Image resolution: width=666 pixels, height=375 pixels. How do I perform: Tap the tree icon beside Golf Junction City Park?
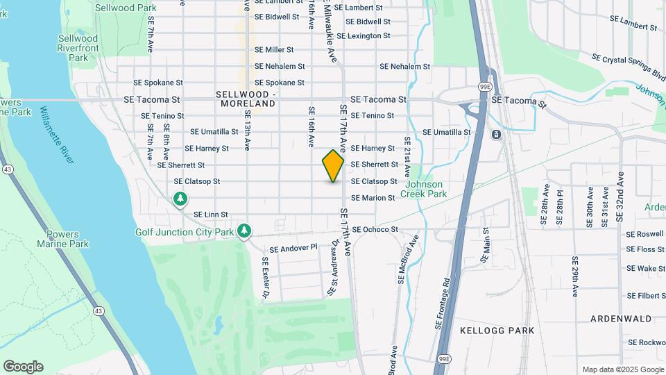pyautogui.click(x=244, y=230)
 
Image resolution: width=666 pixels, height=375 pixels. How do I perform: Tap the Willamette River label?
pyautogui.click(x=56, y=135)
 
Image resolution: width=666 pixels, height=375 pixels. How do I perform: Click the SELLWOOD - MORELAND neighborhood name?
pyautogui.click(x=246, y=99)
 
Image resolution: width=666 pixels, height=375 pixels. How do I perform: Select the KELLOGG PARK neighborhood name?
pyautogui.click(x=497, y=331)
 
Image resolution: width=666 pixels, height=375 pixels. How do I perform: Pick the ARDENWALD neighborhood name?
pyautogui.click(x=621, y=319)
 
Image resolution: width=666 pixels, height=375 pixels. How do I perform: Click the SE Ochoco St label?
pyautogui.click(x=375, y=229)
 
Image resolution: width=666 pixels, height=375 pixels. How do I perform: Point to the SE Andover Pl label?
pyautogui.click(x=293, y=248)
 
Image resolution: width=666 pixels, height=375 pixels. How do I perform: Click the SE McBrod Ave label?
pyautogui.click(x=408, y=259)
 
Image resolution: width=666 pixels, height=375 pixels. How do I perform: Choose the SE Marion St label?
pyautogui.click(x=373, y=198)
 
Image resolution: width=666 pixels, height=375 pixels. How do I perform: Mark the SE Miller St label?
pyautogui.click(x=274, y=50)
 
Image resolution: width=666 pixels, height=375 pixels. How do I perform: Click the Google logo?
pyautogui.click(x=23, y=367)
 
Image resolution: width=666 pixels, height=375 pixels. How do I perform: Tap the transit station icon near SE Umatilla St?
pyautogui.click(x=496, y=134)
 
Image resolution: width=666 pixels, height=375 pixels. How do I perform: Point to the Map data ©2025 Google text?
pyautogui.click(x=622, y=369)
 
